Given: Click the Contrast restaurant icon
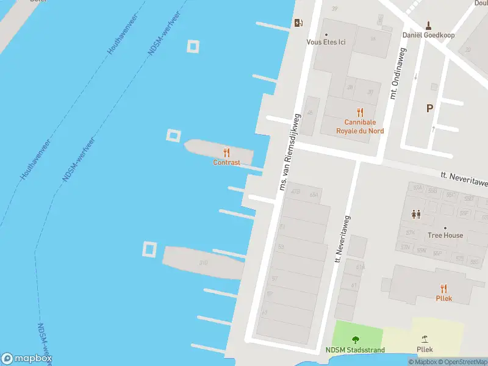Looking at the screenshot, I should [226, 152].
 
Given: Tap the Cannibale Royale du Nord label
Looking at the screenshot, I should [360, 126].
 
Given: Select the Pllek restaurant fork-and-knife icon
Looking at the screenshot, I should [443, 289].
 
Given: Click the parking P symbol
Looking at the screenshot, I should [429, 109].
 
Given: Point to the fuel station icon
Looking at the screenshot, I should [298, 23].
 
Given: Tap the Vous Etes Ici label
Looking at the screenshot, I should [326, 42].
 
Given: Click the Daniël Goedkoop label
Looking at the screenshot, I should [429, 35].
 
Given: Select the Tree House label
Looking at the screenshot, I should [445, 235].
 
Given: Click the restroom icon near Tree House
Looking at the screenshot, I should [416, 214].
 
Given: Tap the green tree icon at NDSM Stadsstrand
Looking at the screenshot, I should [356, 340].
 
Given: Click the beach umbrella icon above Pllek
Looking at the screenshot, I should [425, 339].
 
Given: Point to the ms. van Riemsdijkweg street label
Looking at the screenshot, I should [290, 151].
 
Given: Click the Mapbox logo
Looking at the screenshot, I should [26, 359].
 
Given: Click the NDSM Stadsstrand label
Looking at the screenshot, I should [355, 350].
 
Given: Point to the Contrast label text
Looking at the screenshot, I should [226, 163].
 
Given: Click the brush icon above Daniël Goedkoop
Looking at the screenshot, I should [429, 25].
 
